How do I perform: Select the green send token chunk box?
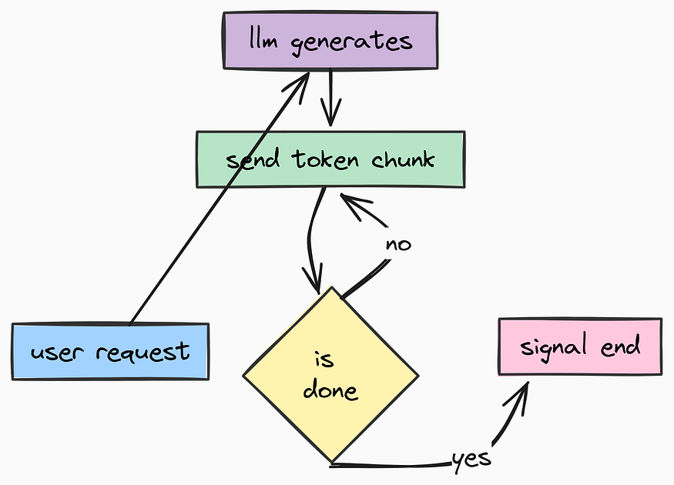pyautogui.click(x=330, y=159)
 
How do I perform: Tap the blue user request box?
pyautogui.click(x=110, y=351)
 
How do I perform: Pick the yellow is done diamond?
pyautogui.click(x=330, y=376)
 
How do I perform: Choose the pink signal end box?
pyautogui.click(x=579, y=346)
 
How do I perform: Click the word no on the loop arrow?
pyautogui.click(x=398, y=244)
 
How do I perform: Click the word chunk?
pyautogui.click(x=403, y=159)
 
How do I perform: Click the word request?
pyautogui.click(x=143, y=353)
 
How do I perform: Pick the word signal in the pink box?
pyautogui.click(x=548, y=346)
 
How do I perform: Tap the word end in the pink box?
pyautogui.click(x=621, y=346)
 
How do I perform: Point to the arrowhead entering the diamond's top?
pyautogui.click(x=316, y=285)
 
